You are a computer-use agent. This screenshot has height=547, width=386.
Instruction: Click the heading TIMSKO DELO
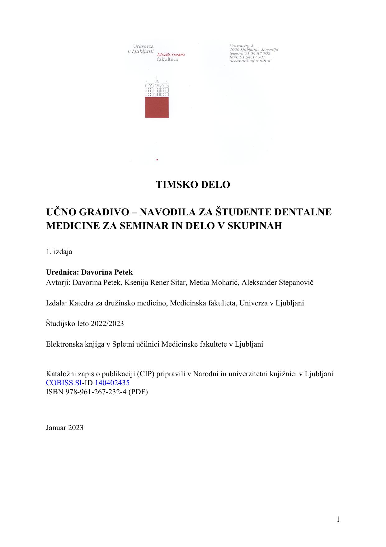[x=193, y=185]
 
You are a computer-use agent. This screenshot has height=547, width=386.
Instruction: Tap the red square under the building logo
[x=157, y=107]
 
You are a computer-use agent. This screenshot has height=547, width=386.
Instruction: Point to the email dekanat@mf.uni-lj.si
[x=250, y=61]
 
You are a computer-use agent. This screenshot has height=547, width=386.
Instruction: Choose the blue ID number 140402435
[x=112, y=383]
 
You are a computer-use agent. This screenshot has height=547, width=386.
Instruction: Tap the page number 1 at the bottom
[x=338, y=519]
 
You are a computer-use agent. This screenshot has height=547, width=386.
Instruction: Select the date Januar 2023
[x=64, y=427]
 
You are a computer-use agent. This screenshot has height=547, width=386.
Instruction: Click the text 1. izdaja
[x=59, y=252]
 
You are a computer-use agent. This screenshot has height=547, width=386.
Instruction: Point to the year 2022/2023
[x=107, y=324]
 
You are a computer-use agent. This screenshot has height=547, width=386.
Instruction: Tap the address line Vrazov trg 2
[x=241, y=46]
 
